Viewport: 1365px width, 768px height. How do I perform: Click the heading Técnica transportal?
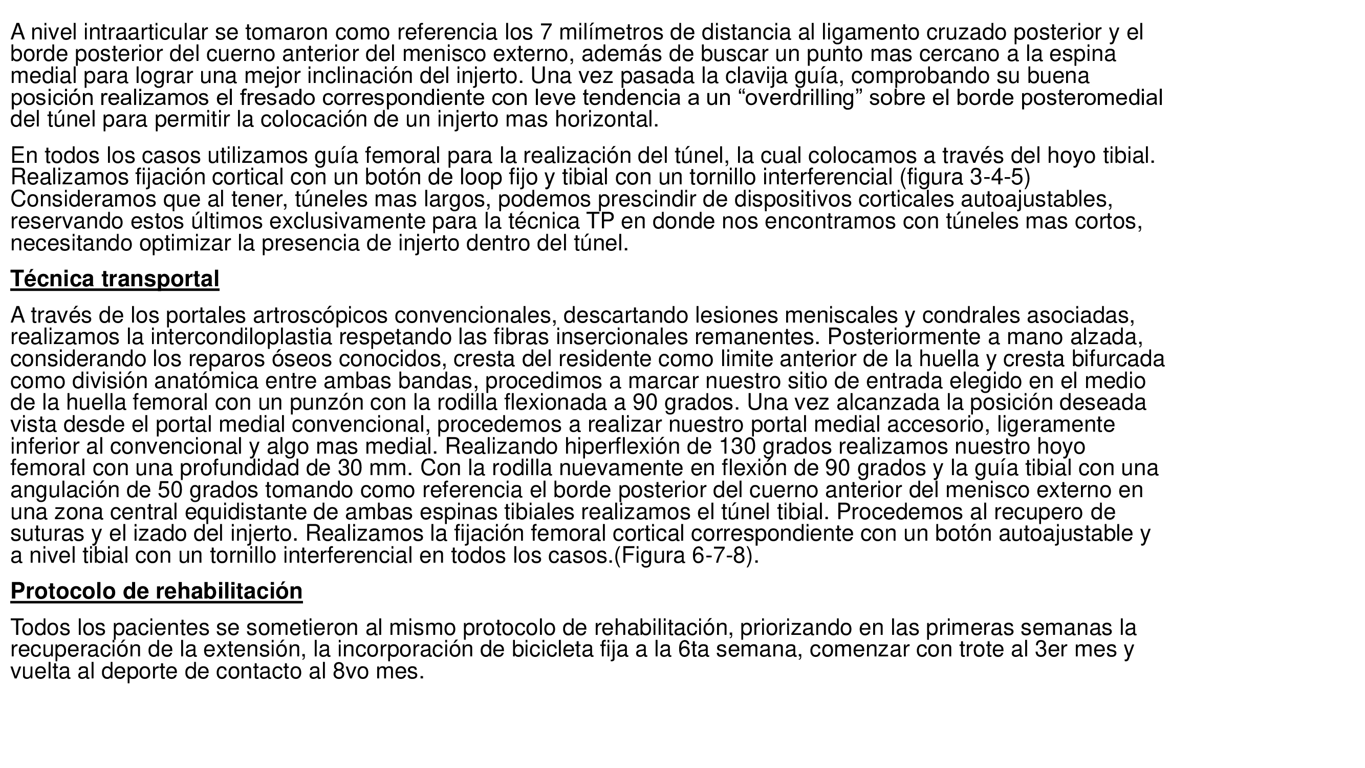115,279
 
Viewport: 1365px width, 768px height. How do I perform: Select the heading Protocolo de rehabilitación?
156,591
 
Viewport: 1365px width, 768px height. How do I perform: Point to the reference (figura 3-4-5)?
965,178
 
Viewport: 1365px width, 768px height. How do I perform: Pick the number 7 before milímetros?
546,32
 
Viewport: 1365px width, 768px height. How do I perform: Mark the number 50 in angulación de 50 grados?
170,490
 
